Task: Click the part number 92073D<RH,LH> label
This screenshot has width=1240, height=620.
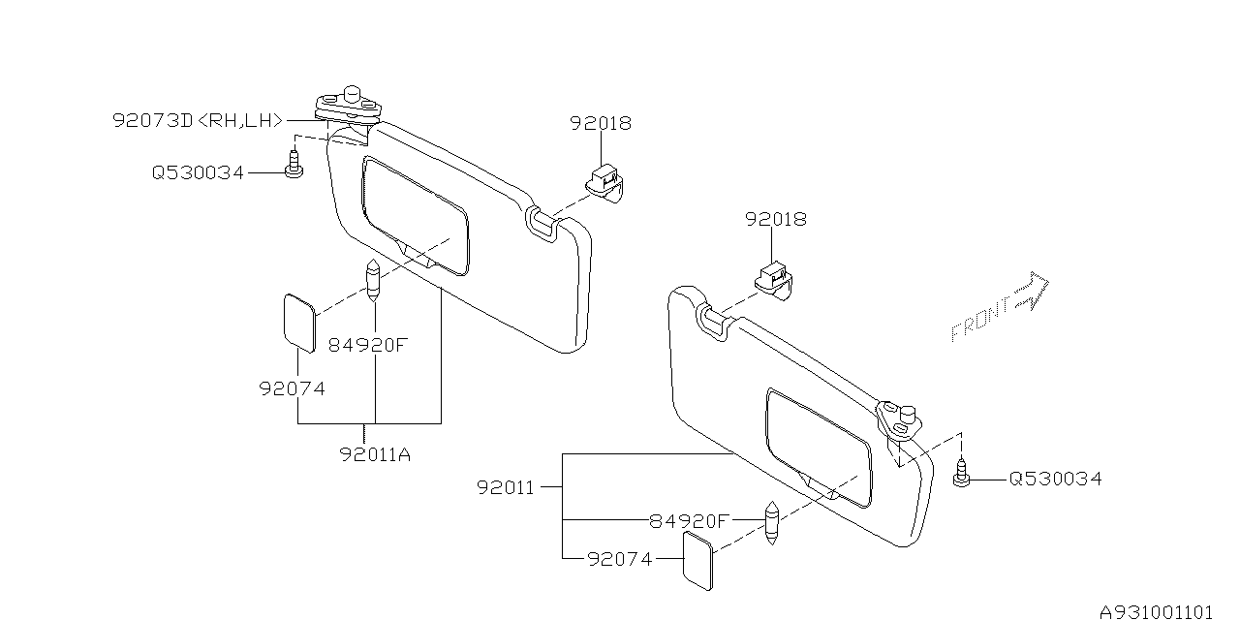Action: point(198,121)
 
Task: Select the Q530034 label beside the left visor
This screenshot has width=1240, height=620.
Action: point(198,173)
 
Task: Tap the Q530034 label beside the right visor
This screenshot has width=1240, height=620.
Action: point(1055,479)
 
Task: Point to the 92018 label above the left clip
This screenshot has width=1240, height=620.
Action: point(600,123)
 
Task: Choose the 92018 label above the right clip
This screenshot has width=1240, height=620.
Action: point(775,220)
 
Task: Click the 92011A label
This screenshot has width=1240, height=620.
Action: point(375,453)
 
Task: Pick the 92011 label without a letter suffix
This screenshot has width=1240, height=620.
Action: point(505,487)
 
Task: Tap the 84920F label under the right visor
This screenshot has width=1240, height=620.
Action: point(689,520)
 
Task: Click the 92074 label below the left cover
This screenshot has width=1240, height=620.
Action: point(292,388)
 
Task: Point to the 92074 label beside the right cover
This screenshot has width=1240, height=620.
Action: point(620,559)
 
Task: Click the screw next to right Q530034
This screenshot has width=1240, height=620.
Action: point(962,476)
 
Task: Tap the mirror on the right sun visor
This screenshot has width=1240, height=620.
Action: point(819,447)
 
